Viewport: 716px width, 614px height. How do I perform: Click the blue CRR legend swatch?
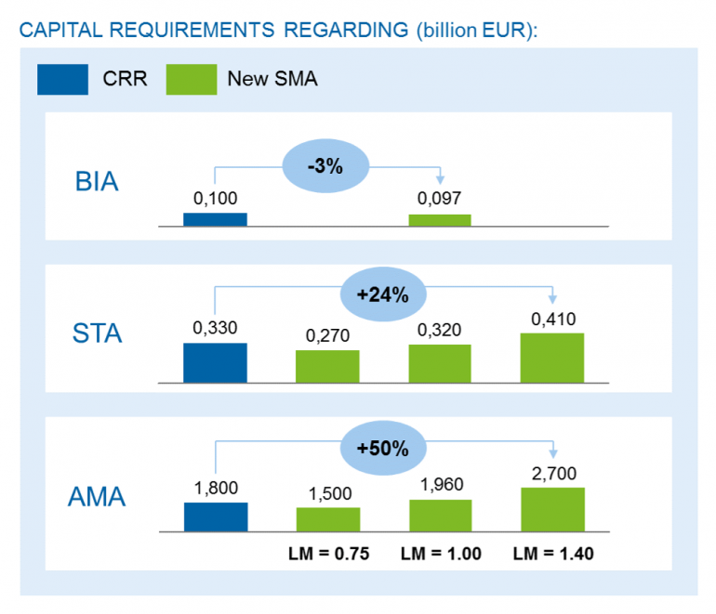coord(62,79)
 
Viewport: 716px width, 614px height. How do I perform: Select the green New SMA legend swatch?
coord(191,79)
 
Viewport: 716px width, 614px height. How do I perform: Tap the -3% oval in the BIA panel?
coord(326,167)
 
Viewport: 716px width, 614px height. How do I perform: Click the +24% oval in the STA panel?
coord(382,294)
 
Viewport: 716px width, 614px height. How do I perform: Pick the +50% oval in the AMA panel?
coord(382,448)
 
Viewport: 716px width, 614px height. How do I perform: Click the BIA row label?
coord(97,181)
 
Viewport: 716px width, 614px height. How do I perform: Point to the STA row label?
coord(97,333)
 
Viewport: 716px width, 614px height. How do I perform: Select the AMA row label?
coord(97,497)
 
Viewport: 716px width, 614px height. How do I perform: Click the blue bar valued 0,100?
coord(215,219)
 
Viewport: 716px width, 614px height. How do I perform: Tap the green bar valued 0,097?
coord(440,220)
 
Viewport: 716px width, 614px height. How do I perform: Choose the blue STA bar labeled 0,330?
coord(215,362)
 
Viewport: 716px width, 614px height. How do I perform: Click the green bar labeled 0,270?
coord(327,366)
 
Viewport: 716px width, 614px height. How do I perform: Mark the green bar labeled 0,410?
coord(552,358)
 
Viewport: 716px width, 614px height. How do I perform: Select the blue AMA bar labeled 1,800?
coord(215,516)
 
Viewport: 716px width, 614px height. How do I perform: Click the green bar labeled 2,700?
coord(552,509)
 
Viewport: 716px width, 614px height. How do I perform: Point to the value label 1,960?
coord(440,484)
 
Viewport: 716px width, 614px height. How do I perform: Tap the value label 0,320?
coord(440,329)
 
